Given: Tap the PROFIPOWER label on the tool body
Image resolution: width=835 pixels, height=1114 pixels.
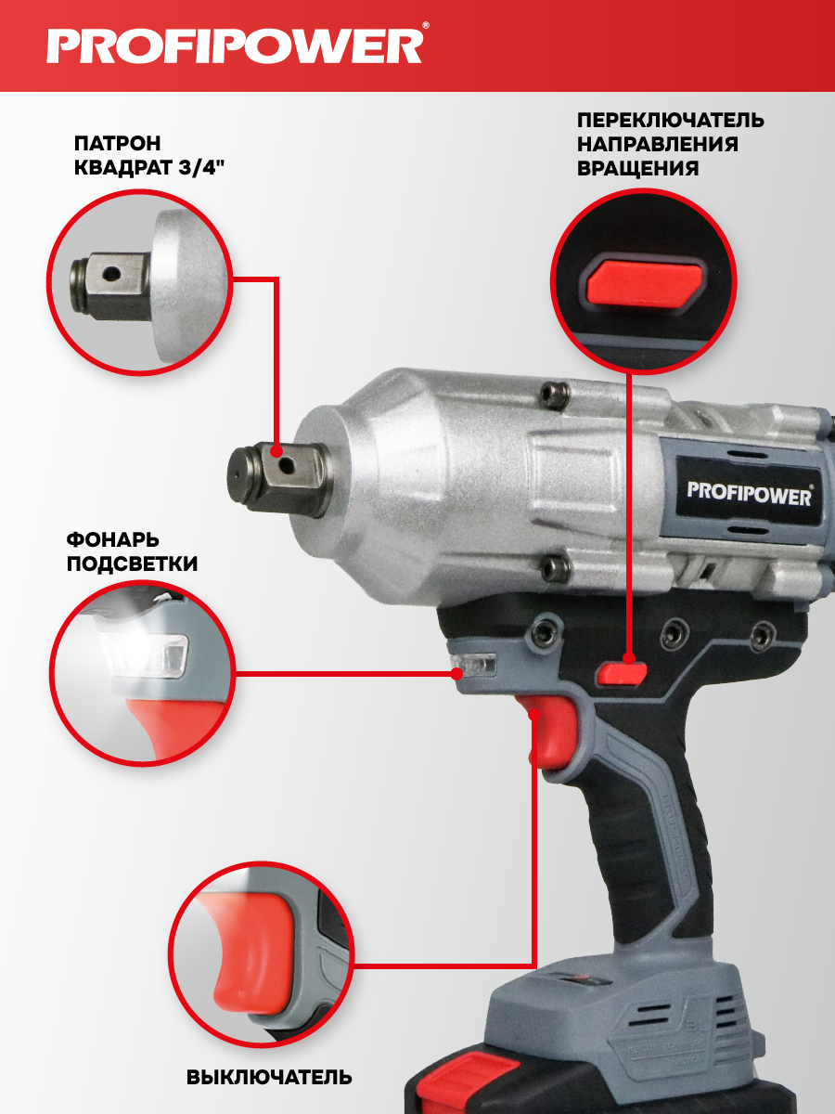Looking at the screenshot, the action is click(749, 494).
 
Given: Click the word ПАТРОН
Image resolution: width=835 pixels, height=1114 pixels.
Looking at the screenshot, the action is click(118, 143).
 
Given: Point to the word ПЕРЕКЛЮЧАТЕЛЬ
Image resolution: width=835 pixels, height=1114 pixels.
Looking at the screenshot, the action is click(670, 121).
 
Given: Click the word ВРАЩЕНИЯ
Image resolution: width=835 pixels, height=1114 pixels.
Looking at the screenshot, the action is click(637, 168).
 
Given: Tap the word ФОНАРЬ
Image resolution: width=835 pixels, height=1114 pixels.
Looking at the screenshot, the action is click(112, 539).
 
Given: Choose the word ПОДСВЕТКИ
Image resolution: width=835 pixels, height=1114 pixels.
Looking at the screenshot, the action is click(132, 563).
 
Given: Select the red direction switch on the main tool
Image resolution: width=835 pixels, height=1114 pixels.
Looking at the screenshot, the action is click(622, 673).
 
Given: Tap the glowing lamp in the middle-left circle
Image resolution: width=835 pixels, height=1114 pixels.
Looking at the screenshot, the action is click(144, 654).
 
